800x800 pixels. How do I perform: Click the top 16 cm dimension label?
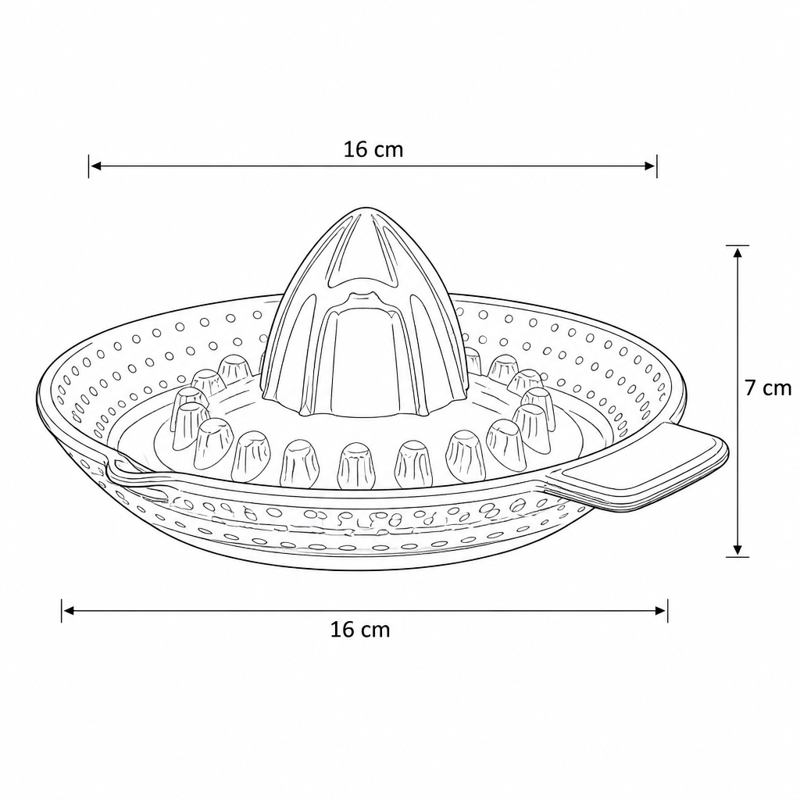(x=373, y=149)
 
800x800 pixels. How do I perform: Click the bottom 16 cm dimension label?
(x=360, y=630)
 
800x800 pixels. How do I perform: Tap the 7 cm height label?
(x=768, y=388)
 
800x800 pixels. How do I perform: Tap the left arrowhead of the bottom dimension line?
(x=69, y=611)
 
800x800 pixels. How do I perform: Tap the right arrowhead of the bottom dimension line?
(x=661, y=611)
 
